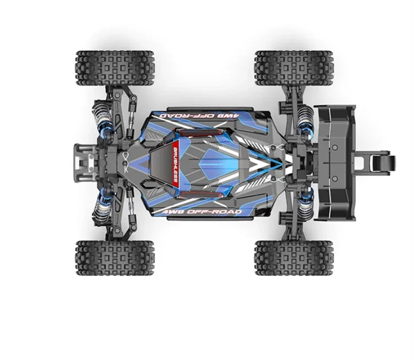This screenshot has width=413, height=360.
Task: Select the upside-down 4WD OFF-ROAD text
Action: coord(191,115)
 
